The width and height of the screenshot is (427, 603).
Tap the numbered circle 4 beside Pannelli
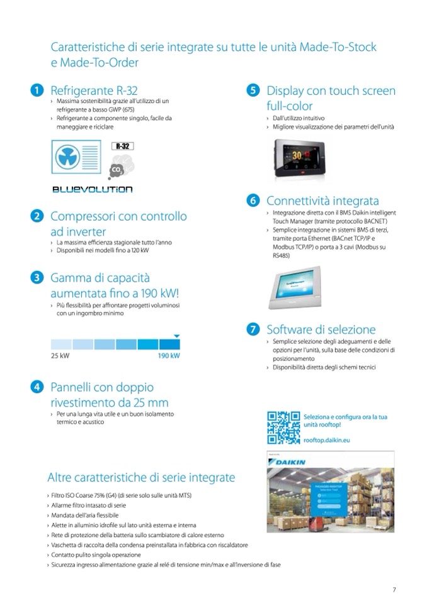tap(38, 387)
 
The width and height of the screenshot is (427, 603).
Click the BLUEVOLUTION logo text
tap(92, 189)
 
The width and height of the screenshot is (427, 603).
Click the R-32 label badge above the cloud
tap(122, 146)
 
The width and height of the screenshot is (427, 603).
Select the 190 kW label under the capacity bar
tap(168, 356)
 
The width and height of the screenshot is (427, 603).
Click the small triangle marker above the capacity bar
tap(177, 336)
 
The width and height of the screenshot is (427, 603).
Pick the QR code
tap(283, 427)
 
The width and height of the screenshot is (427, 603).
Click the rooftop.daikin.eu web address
tap(327, 441)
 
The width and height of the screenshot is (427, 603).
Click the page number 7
tap(394, 589)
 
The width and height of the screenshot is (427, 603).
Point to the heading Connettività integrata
tap(322, 201)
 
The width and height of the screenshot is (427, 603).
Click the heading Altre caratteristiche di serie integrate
tap(141, 477)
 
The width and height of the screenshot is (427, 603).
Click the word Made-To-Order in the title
tap(101, 62)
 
